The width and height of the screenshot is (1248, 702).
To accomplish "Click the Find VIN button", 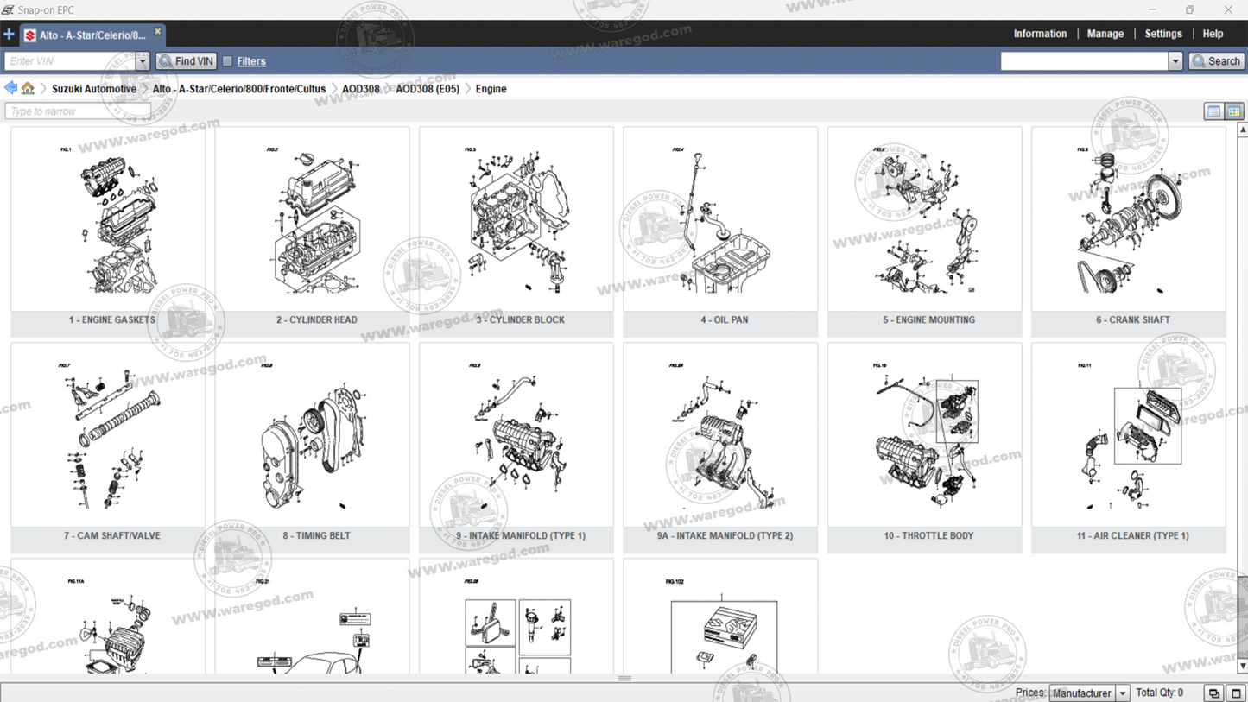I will click(x=186, y=61).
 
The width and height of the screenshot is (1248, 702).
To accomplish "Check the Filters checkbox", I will click(x=227, y=61).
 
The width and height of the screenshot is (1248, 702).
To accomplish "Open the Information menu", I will click(x=1039, y=34).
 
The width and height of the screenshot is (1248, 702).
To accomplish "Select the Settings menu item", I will click(x=1162, y=34).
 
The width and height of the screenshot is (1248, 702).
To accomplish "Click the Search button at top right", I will click(x=1216, y=61).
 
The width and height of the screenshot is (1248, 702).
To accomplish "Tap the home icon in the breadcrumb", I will click(x=28, y=88).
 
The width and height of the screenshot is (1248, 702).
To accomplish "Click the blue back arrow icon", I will click(x=10, y=88).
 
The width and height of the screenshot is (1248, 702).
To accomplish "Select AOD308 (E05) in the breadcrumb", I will click(x=427, y=89).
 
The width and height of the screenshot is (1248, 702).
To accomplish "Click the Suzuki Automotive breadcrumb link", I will click(x=93, y=89).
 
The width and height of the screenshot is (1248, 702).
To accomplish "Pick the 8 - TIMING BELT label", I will click(x=316, y=535).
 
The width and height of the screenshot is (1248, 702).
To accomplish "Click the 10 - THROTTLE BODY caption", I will click(x=928, y=535).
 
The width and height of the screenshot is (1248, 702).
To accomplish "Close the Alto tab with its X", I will click(x=157, y=32).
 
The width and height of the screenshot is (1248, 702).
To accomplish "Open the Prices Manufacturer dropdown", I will click(x=1089, y=693).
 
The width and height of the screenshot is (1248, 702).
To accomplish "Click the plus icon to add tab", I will click(x=9, y=35).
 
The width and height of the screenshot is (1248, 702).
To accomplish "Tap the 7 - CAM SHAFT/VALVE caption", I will click(x=111, y=535).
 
